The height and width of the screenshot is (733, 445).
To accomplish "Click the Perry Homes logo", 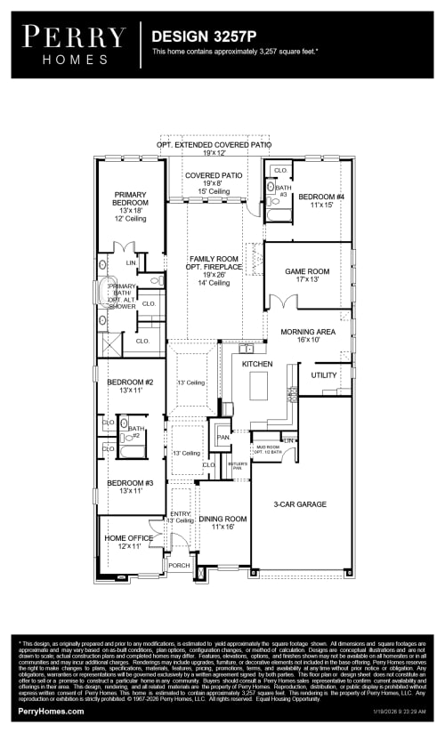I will pos(74,43).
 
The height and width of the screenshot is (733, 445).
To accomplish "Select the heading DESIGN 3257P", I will pos(203,36).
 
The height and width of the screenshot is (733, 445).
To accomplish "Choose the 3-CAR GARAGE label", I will pos(301,504).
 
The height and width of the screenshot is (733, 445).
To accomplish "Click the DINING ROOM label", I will pos(222,523).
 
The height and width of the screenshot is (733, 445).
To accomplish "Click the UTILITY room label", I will pos(324,375).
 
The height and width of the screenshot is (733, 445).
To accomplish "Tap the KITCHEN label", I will pos(257,365).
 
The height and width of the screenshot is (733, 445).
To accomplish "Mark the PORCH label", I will pos(179,565).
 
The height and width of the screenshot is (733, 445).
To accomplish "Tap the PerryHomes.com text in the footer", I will pos(51,711).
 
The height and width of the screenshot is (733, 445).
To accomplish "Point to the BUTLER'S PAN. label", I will pos(237,466).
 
